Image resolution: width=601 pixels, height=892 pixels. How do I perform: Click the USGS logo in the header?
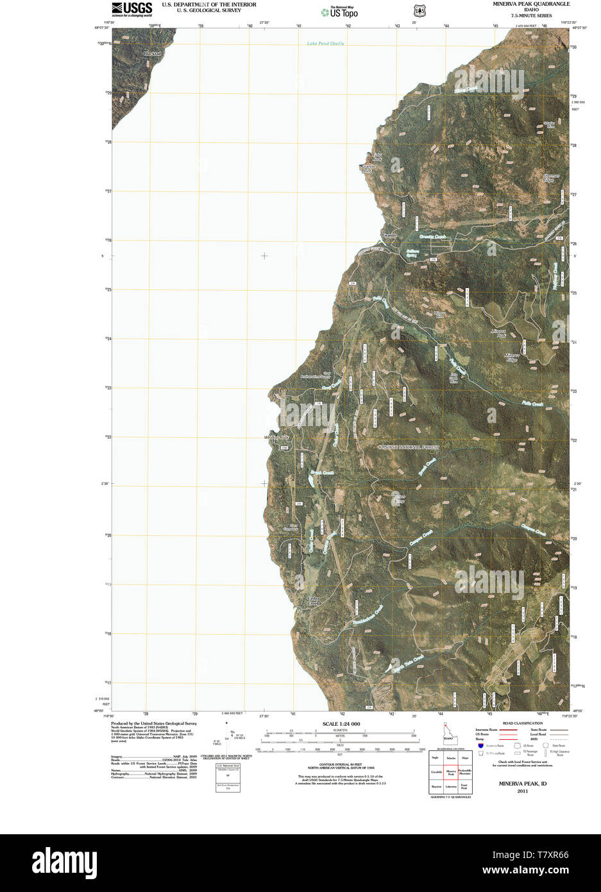click(131, 8)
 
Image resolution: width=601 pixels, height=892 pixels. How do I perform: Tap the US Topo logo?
click(340, 11)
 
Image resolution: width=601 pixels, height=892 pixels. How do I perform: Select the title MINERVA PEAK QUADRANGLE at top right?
click(531, 4)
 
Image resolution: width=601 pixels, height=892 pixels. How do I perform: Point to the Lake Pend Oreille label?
click(325, 44)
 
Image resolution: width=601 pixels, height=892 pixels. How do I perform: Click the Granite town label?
click(389, 236)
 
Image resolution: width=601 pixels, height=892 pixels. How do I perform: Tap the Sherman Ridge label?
click(552, 178)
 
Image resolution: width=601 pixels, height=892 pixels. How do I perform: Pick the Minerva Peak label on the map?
click(498, 334)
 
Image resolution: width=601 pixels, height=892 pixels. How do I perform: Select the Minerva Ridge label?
click(511, 357)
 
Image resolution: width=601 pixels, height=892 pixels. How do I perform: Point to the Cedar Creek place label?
click(313, 601)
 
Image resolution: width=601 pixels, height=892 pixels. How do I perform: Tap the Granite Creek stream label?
click(432, 237)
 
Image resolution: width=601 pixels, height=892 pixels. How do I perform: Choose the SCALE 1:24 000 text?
click(341, 724)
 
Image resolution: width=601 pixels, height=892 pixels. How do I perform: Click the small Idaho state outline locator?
click(448, 733)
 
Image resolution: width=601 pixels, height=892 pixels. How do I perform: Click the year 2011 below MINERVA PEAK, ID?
click(522, 791)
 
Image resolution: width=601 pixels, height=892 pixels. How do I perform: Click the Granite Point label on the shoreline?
click(366, 169)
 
